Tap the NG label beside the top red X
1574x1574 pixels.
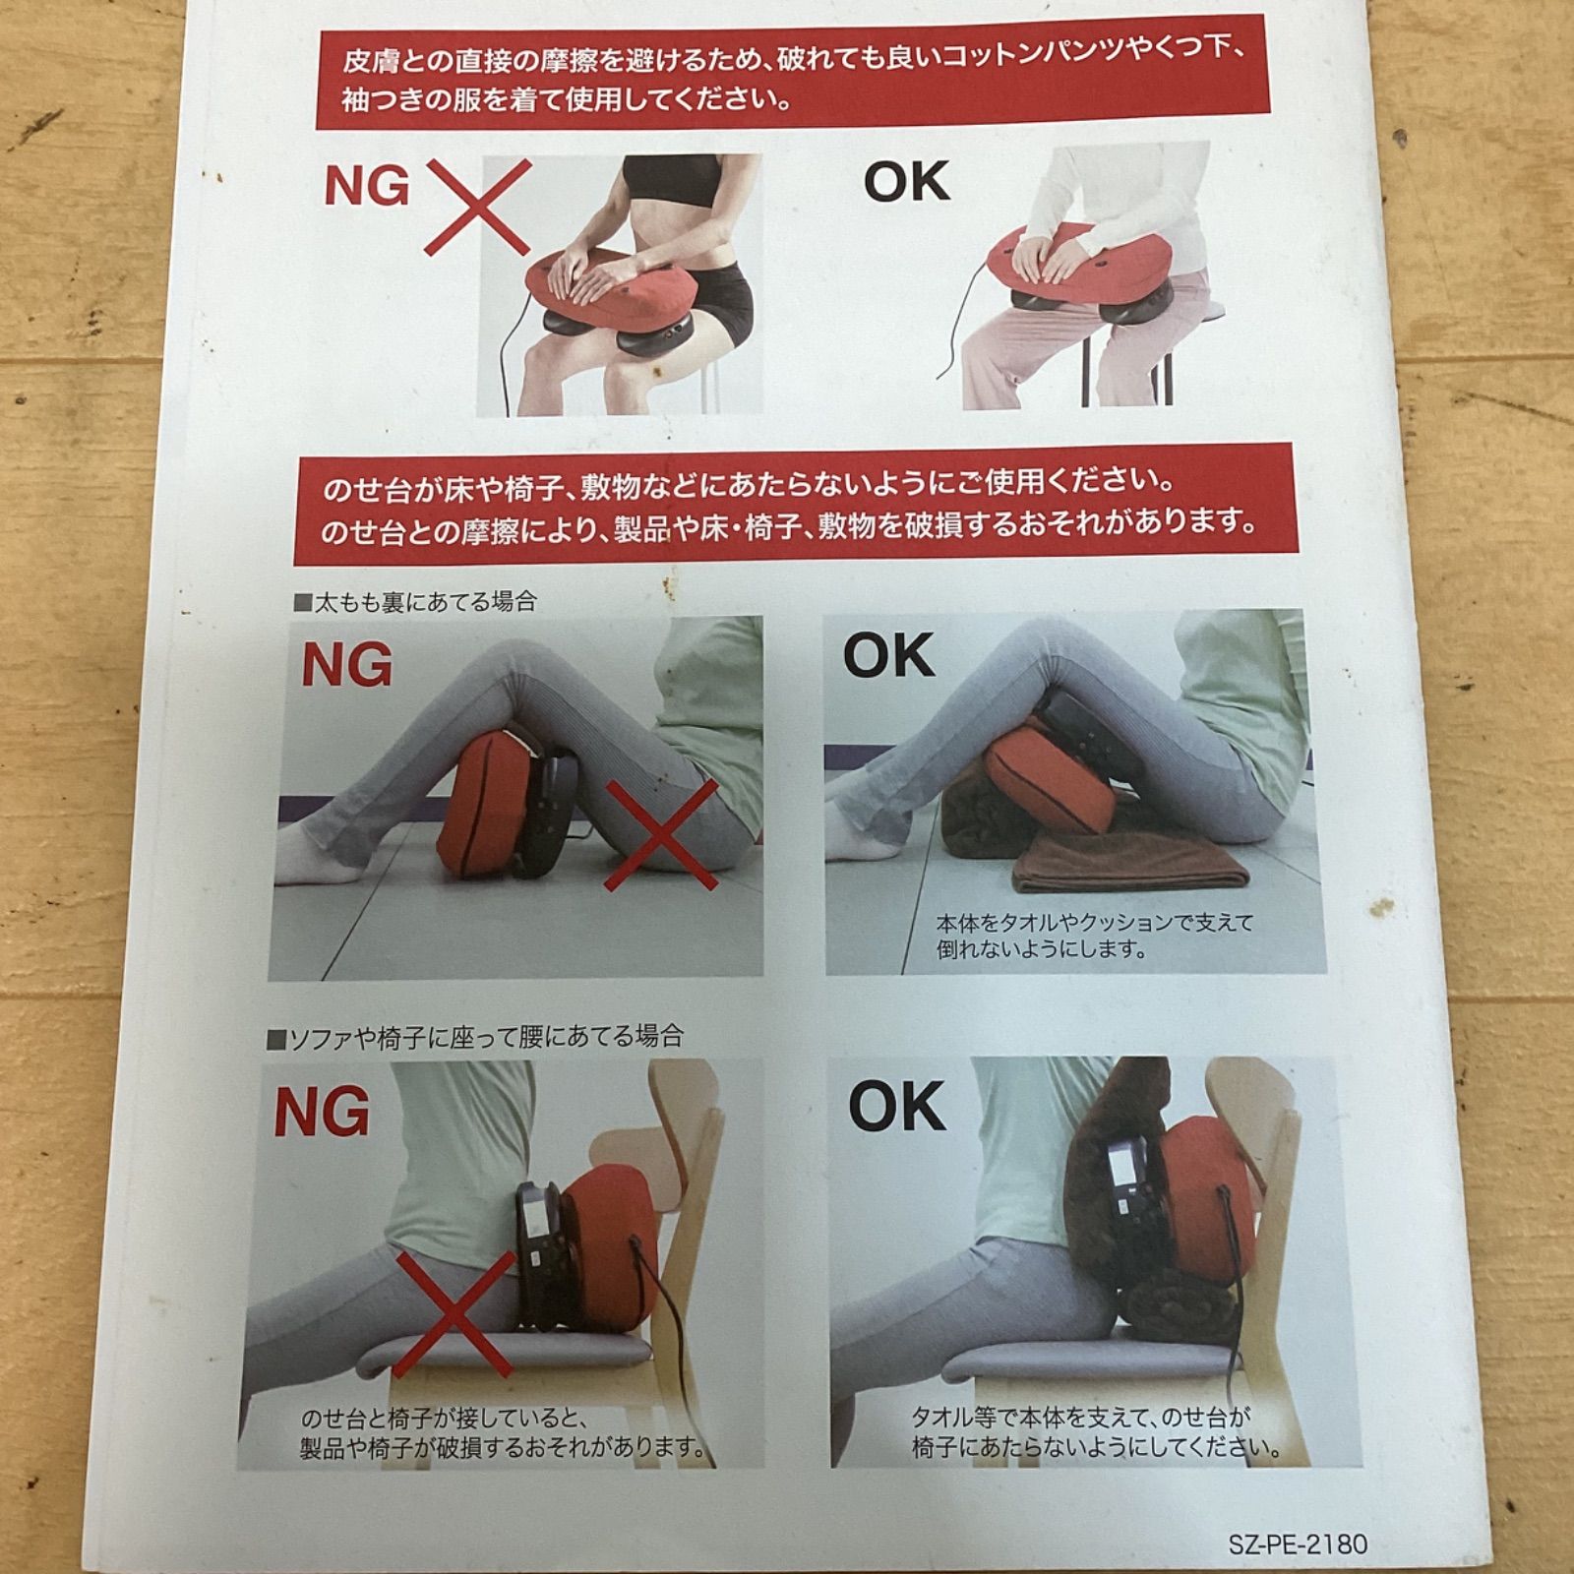pos(367,187)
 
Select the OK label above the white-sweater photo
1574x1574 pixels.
pos(907,181)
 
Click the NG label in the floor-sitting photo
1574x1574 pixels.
pos(346,666)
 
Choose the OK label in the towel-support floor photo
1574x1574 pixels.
pos(888,656)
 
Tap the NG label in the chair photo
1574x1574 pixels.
pos(322,1113)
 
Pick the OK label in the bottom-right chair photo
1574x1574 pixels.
pos(896,1105)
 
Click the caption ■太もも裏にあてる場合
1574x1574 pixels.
pos(415,602)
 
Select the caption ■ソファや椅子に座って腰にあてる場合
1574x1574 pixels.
pos(475,1036)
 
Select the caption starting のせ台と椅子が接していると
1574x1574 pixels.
pos(504,1433)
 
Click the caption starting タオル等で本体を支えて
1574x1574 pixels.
pos(1096,1432)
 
